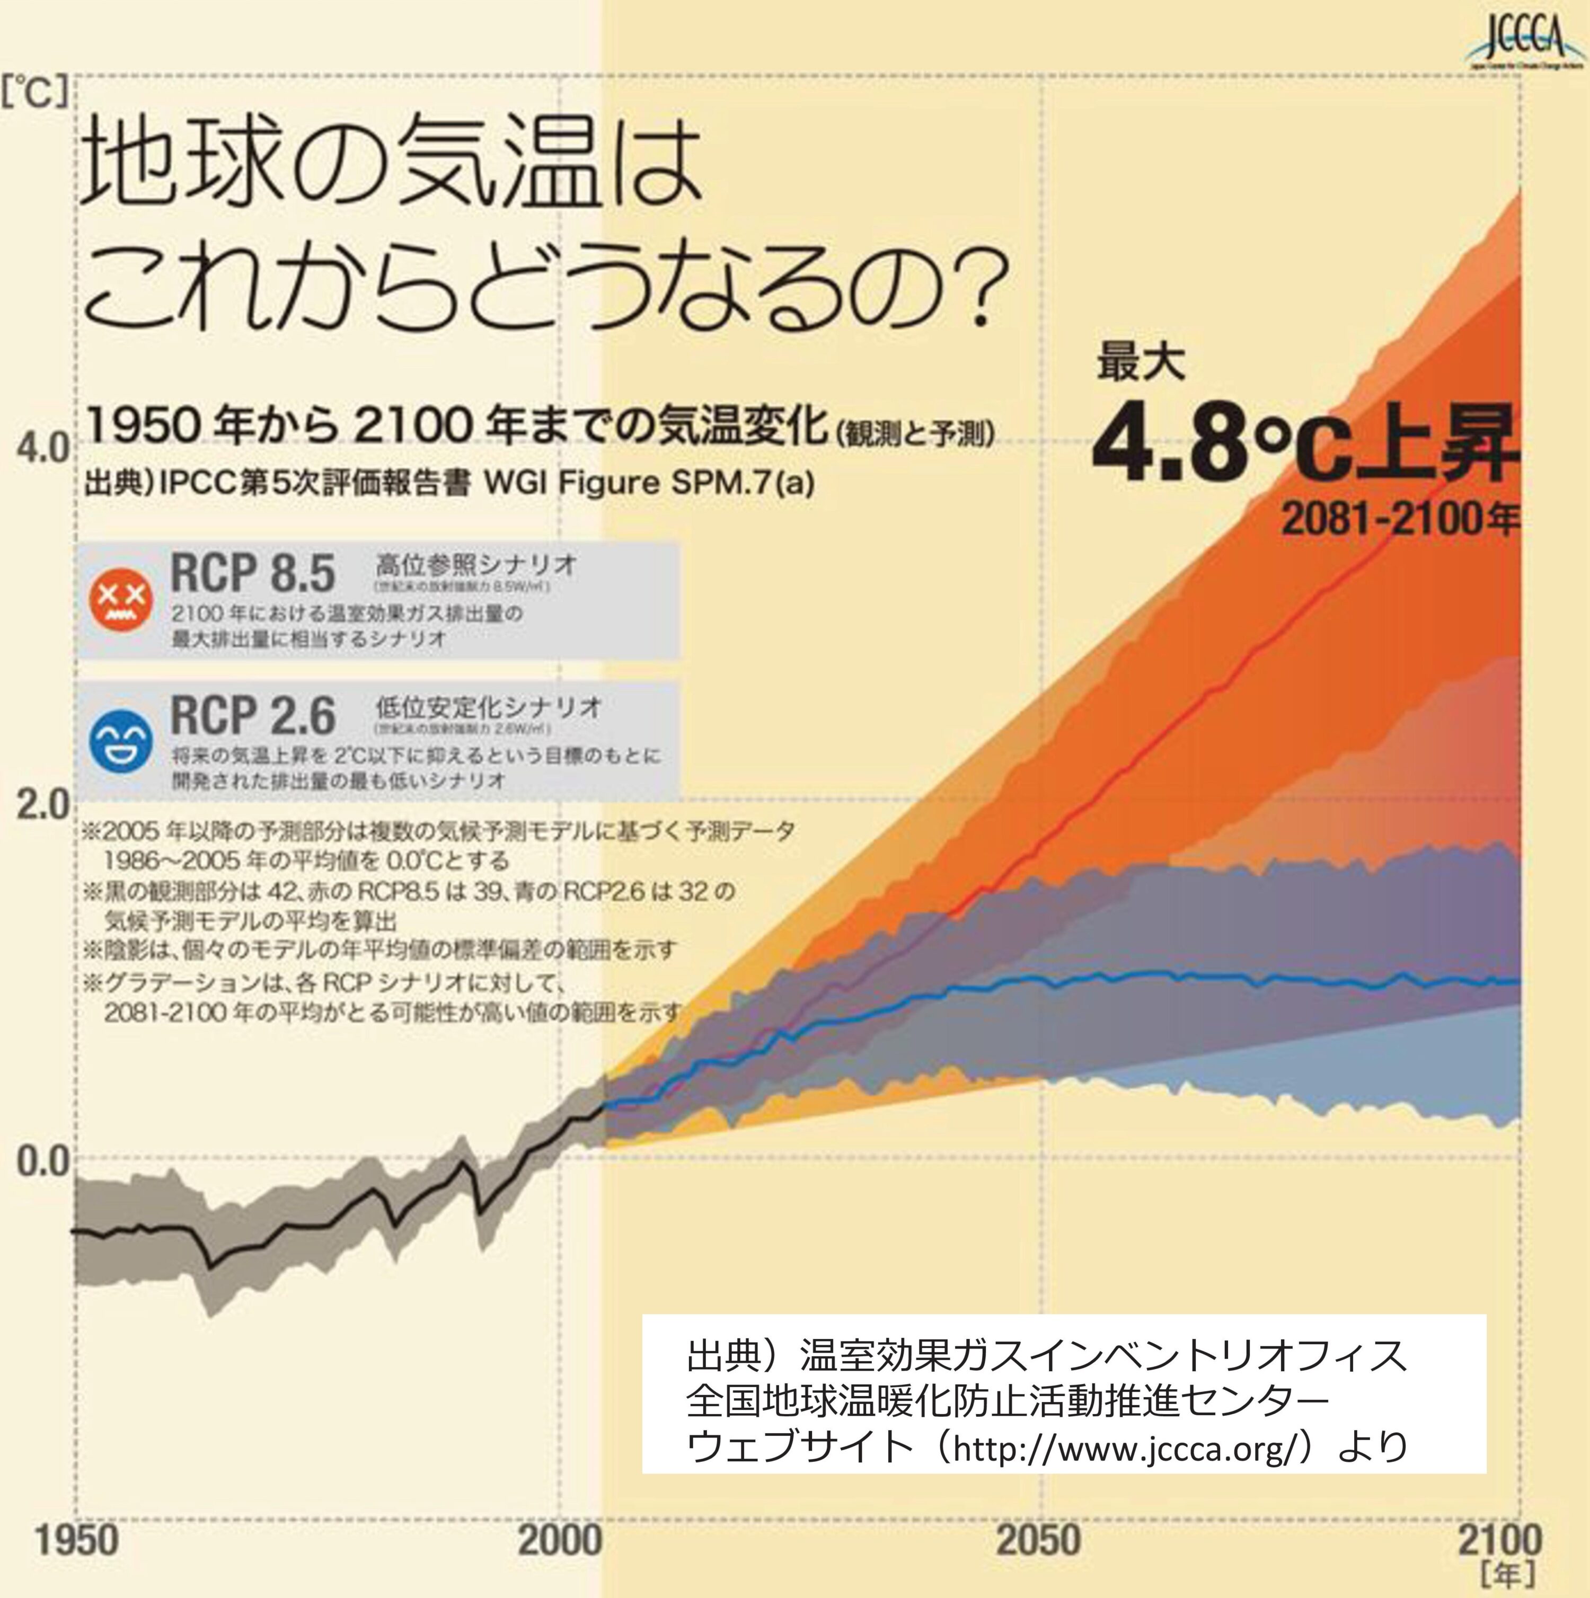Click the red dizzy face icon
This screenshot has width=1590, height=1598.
[121, 600]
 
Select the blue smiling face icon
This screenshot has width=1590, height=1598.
[121, 741]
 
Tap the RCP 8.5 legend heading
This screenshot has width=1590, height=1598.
[252, 573]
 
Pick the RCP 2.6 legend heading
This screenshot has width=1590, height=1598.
[252, 715]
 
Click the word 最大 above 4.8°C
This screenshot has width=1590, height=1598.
[1141, 364]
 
